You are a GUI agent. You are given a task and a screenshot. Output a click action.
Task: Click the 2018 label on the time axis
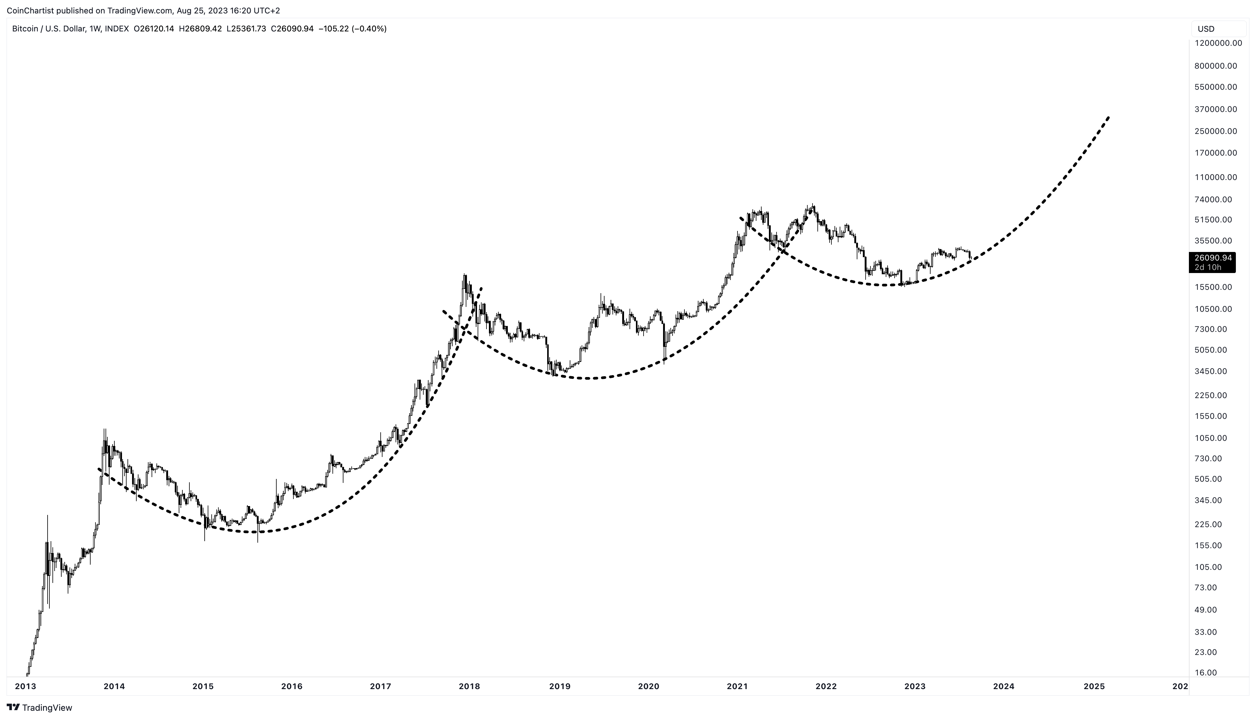tap(469, 686)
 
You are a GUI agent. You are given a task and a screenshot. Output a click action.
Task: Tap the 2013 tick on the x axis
tap(26, 686)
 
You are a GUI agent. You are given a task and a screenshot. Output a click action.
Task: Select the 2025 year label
tap(1093, 686)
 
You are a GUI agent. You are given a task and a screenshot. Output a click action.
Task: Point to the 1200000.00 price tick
tap(1218, 43)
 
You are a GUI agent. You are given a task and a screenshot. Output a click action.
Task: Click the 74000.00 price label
tap(1213, 200)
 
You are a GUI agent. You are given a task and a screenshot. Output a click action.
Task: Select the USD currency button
tap(1206, 29)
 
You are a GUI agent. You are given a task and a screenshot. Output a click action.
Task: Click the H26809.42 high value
tap(200, 29)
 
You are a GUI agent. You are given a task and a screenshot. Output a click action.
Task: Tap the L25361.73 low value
tap(246, 29)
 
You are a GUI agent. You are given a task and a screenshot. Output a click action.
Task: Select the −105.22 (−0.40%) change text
tap(352, 29)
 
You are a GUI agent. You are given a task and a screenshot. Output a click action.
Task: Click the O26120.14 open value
tap(153, 29)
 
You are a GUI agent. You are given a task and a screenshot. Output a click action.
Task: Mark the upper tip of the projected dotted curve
tap(1109, 117)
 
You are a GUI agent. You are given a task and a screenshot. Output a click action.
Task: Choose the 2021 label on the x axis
tap(737, 686)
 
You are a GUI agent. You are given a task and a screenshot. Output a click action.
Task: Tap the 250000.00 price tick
tap(1215, 131)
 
